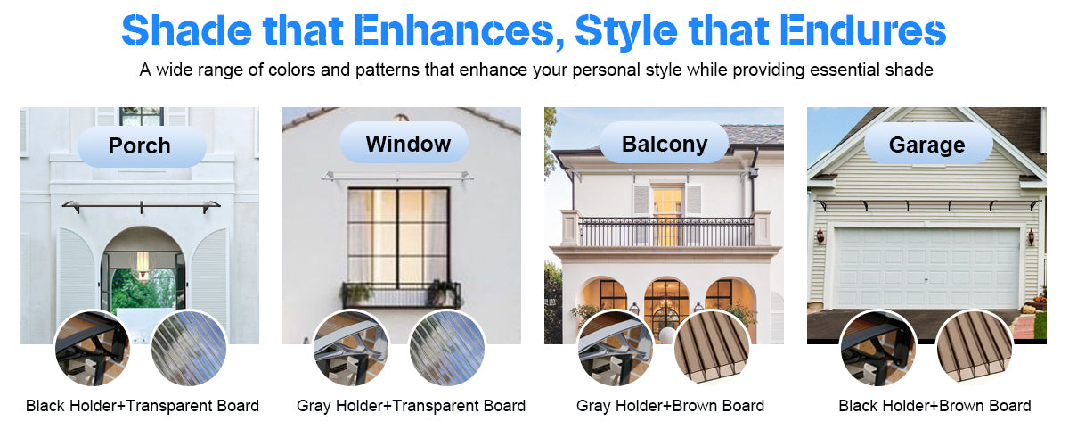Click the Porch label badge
pos(142,146)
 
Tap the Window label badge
pos(404,144)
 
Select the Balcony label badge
pos(665,144)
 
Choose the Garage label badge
pos(928,145)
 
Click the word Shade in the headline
pos(186,31)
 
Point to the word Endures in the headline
pos(863,31)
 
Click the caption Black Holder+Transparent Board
pos(143,406)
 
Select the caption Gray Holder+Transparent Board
pos(411,406)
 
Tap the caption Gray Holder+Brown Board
pos(670,406)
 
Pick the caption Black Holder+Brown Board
pos(934,406)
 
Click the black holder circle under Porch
pos(93,348)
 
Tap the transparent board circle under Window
pos(446,348)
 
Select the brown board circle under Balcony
pos(712,347)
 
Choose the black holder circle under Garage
pos(878,348)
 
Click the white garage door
pos(926,268)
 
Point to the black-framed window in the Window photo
pos(398,236)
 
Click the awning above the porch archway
pos(142,207)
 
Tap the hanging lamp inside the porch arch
pos(143,266)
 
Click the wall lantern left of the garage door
pos(820,236)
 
